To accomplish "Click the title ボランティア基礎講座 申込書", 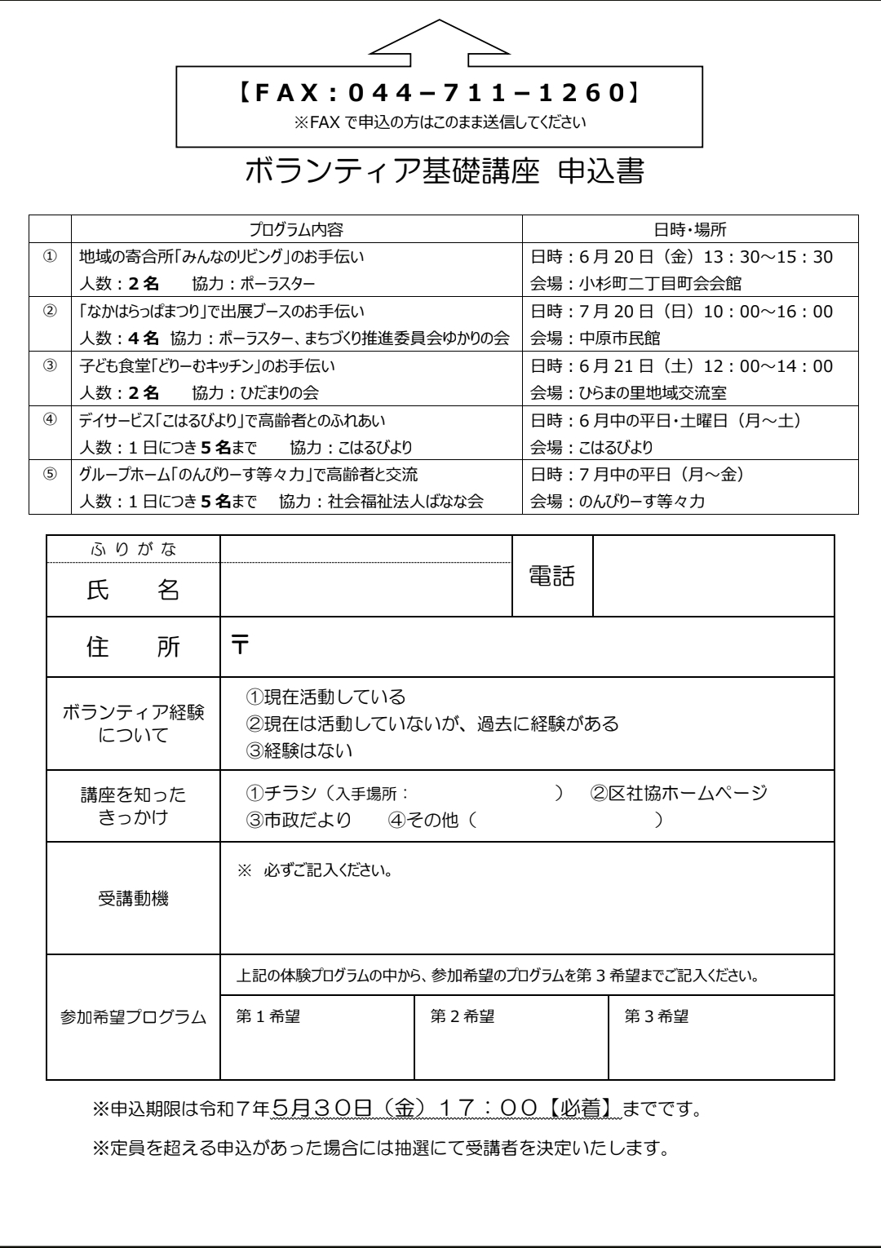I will click(x=445, y=172).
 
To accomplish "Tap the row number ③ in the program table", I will click(x=50, y=366).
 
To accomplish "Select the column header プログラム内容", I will click(x=296, y=229).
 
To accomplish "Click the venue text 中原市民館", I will click(x=620, y=339).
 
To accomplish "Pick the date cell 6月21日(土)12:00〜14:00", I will click(x=681, y=366).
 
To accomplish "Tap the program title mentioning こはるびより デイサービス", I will click(x=232, y=421).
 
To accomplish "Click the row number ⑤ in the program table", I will click(x=50, y=474).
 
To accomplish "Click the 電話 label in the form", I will click(x=552, y=576).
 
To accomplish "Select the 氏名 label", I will click(x=133, y=590).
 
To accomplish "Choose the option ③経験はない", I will click(x=299, y=750).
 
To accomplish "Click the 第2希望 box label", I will click(x=462, y=1016).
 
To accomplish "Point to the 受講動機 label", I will click(x=133, y=900).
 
